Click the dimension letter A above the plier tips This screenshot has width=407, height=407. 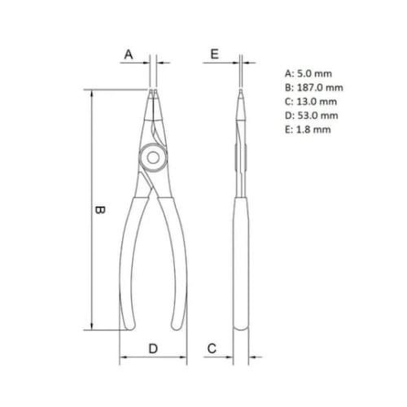(x=129, y=55)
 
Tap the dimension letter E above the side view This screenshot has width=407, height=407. (x=215, y=54)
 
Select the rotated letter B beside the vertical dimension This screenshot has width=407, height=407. (x=100, y=210)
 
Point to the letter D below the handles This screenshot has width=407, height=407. (x=153, y=348)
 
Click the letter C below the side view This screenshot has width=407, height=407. (x=212, y=348)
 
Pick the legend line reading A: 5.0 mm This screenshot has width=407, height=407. (x=309, y=73)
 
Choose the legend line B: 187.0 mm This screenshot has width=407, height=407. (x=314, y=88)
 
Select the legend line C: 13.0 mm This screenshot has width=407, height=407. (x=311, y=102)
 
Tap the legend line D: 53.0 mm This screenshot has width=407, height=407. (x=312, y=116)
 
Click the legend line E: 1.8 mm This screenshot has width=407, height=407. (x=308, y=129)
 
